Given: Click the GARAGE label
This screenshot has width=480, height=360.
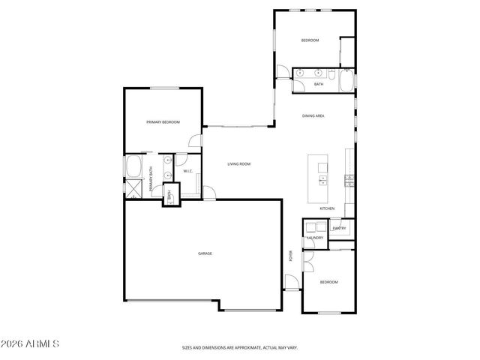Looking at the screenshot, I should click(x=205, y=253).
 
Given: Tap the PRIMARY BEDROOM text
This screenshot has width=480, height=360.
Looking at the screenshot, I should click(x=163, y=121).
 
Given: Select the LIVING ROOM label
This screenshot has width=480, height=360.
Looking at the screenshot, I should click(x=239, y=163).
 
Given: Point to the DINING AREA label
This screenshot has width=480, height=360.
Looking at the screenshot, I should click(x=313, y=116).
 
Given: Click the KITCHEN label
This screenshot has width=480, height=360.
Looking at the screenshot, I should click(x=326, y=208).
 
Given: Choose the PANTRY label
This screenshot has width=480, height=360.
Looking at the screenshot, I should click(x=339, y=228).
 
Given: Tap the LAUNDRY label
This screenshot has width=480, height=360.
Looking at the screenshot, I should click(x=314, y=238).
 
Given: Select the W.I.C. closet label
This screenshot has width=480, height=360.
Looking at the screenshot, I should click(x=187, y=171).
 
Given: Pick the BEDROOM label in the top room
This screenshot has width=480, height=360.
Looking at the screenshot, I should click(x=310, y=40).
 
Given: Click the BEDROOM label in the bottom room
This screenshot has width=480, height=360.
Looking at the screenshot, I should click(x=328, y=282).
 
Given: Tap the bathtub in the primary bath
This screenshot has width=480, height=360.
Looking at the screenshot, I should click(x=135, y=166).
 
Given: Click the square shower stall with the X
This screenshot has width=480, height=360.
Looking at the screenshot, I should click(x=134, y=188).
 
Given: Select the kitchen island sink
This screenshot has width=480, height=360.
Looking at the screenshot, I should click(x=322, y=180).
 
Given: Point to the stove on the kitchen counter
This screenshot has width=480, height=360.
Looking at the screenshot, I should click(x=349, y=179).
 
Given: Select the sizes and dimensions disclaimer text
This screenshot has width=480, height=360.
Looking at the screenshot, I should click(x=240, y=347).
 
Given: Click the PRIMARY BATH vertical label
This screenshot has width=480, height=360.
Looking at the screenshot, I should click(x=152, y=181).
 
